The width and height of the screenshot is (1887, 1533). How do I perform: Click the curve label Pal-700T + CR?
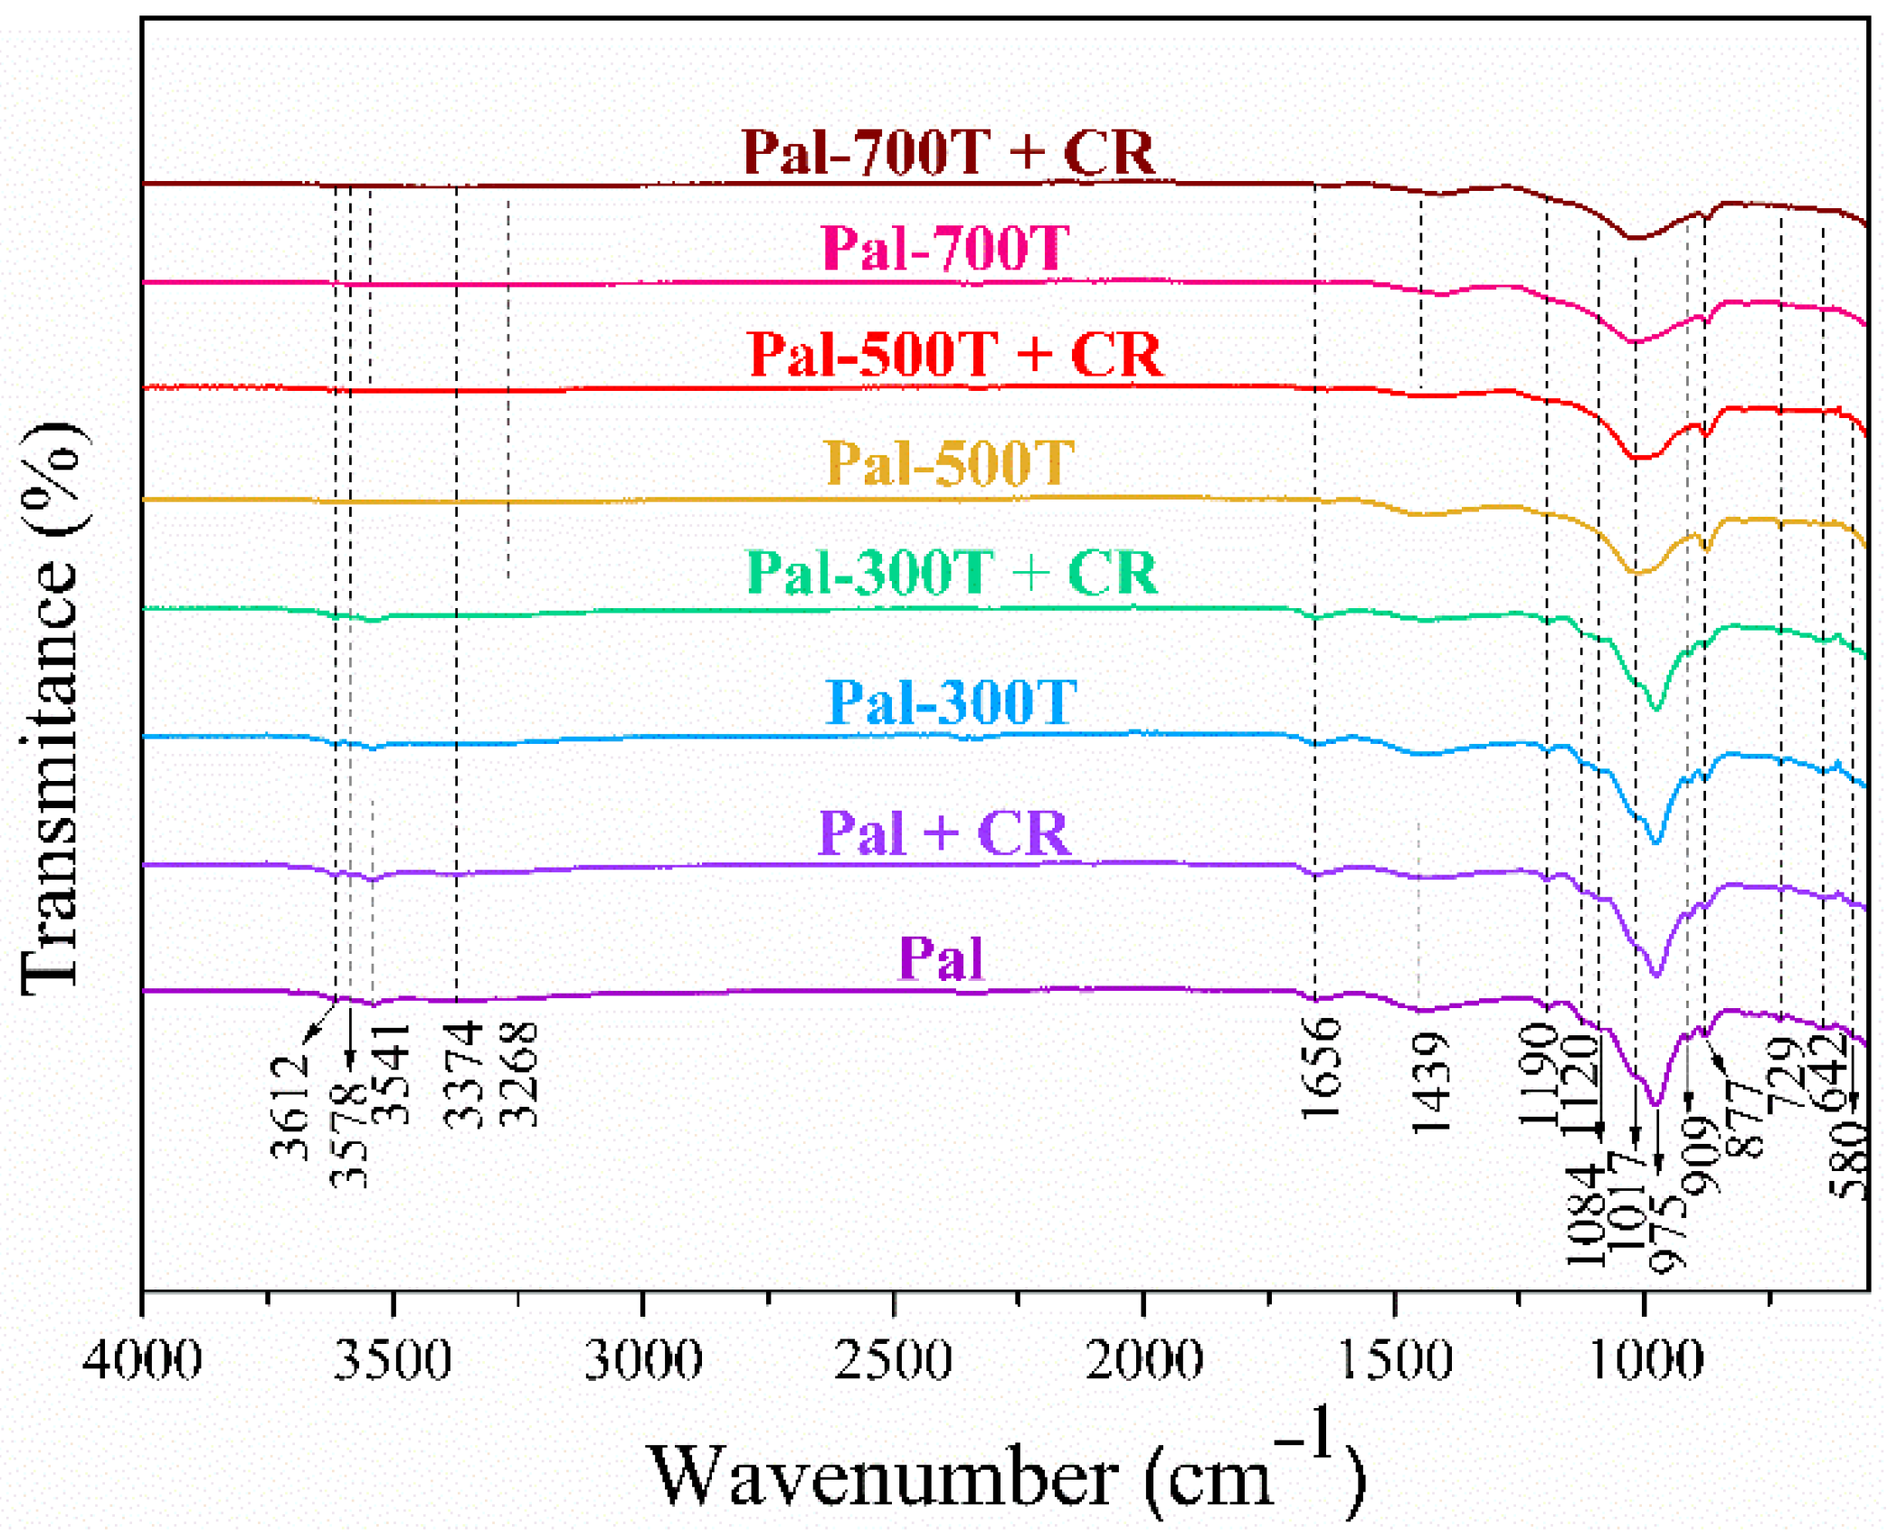point(947,151)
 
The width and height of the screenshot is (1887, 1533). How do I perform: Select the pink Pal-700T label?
point(945,247)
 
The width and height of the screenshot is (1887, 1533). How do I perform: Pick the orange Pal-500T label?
point(949,463)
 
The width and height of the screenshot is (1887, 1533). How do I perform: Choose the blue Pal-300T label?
point(952,701)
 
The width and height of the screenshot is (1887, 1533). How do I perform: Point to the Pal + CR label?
point(943,832)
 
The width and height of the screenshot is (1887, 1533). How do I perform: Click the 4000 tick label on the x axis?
point(142,1359)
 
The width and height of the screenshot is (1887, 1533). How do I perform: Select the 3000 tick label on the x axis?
point(642,1359)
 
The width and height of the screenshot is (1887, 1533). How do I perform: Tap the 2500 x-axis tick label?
point(893,1359)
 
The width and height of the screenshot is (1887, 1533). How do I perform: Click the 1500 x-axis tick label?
point(1394,1359)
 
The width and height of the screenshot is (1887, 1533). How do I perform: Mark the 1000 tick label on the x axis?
point(1645,1359)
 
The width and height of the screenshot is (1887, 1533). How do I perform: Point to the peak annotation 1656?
point(1322,1068)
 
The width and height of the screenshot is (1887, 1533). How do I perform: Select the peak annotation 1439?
point(1431,1083)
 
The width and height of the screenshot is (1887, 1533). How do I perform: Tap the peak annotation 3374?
point(462,1074)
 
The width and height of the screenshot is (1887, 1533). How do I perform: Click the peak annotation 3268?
point(518,1074)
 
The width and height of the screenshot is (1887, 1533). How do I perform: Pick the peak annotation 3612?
point(289,1109)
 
